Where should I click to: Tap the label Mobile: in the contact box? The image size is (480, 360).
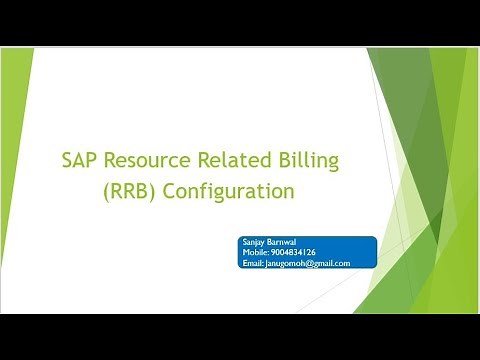pyautogui.click(x=256, y=252)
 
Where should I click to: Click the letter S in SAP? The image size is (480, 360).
pyautogui.click(x=66, y=158)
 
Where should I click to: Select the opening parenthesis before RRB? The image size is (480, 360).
pyautogui.click(x=106, y=189)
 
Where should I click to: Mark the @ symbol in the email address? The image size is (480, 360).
pyautogui.click(x=317, y=263)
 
